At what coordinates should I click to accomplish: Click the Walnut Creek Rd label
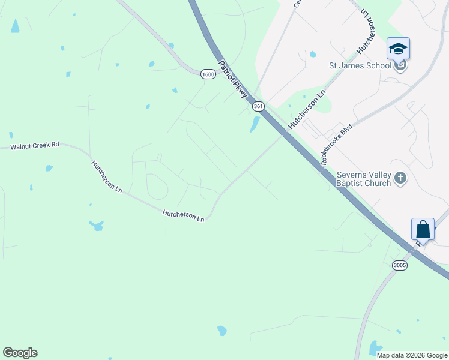pos(35,145)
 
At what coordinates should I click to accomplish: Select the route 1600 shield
pos(208,74)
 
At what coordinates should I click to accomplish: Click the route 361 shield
pos(258,106)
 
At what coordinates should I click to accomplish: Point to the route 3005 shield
pos(400,265)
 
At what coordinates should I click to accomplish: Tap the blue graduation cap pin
pos(399,49)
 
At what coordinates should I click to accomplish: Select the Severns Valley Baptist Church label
pos(364,179)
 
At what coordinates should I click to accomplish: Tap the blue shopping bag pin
pos(423,229)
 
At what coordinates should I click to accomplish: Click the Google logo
pos(20,353)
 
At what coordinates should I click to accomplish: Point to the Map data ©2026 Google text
pos(412,355)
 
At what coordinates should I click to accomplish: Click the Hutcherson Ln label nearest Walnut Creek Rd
pos(107,176)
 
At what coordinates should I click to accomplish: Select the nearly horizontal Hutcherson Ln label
pos(184,215)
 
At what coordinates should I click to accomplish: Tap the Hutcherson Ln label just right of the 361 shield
pos(306,109)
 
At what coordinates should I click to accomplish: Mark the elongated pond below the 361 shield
pos(255,124)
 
